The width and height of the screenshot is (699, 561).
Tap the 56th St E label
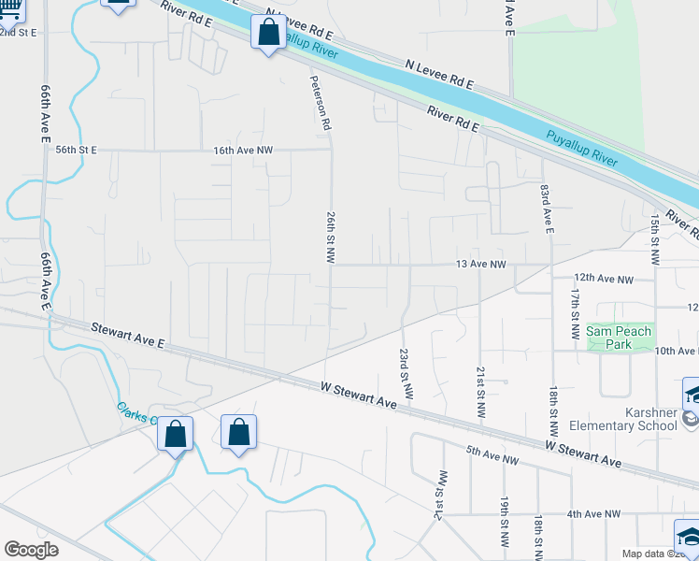(x=76, y=150)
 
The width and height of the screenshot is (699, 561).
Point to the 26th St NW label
(x=330, y=237)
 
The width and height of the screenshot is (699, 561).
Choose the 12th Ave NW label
(x=604, y=279)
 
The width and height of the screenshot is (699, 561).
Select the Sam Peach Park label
(x=620, y=338)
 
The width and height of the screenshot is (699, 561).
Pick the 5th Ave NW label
(x=492, y=458)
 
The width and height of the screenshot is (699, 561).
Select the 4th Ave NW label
(x=592, y=514)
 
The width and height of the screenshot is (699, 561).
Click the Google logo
(x=31, y=549)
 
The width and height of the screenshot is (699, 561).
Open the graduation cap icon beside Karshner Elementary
(x=692, y=393)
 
